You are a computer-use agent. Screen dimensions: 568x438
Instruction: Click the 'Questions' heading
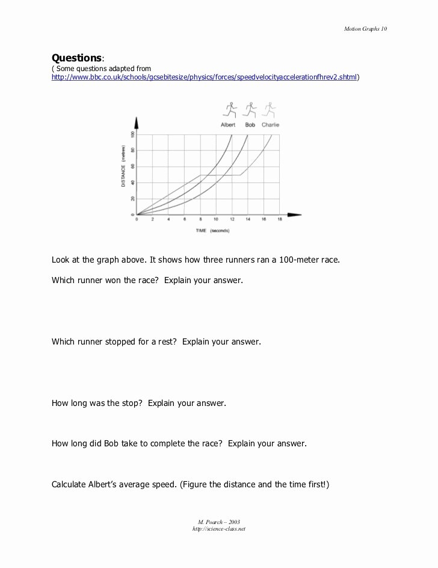click(76, 58)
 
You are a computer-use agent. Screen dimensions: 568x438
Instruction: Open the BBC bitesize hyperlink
click(204, 78)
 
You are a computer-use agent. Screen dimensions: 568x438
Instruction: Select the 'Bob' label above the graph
click(250, 125)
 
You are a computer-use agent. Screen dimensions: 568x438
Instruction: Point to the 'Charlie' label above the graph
click(271, 125)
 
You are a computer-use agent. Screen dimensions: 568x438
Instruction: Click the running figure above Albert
click(229, 110)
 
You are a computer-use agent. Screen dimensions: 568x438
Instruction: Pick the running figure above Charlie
click(270, 110)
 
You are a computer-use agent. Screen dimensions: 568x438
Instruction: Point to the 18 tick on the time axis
click(280, 220)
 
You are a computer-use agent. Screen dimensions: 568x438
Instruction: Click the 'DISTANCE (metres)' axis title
click(123, 167)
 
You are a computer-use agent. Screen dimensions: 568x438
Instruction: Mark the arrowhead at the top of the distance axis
click(137, 123)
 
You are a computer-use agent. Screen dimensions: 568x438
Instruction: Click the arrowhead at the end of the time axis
click(294, 214)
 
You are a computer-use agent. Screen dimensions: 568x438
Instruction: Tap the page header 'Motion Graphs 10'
click(369, 28)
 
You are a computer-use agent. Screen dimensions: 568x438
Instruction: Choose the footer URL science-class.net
click(219, 529)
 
